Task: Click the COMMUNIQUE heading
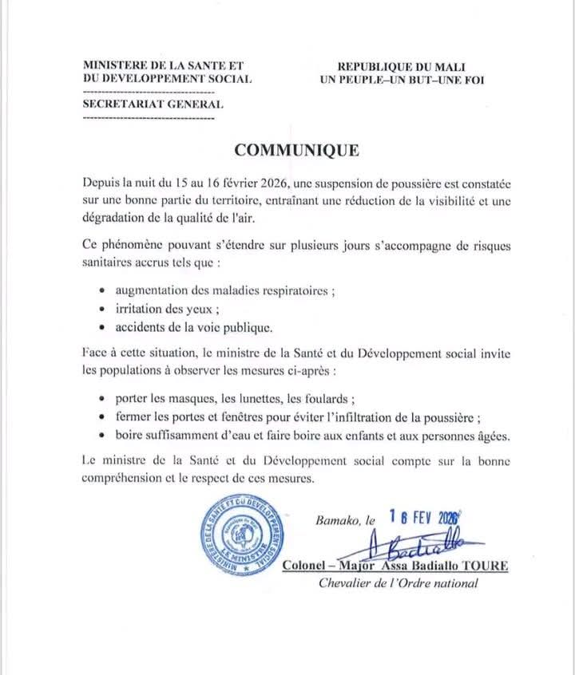point(296,150)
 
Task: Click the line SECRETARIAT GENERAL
point(153,104)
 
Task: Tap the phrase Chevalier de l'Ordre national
point(399,584)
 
